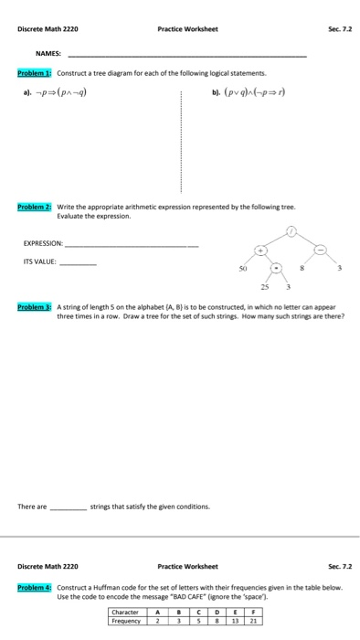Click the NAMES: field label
tap(48, 53)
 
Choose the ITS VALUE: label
tap(42, 261)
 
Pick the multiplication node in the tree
tap(275, 270)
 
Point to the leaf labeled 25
tap(260, 292)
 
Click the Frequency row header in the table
tap(127, 619)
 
